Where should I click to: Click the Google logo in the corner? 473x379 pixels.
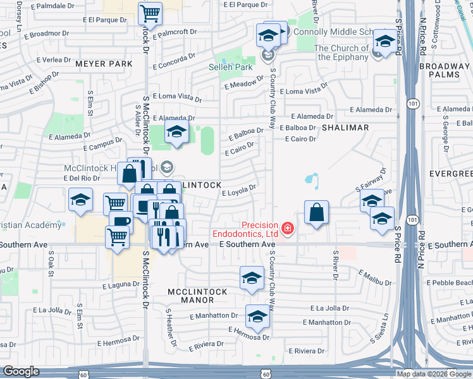pyautogui.click(x=21, y=371)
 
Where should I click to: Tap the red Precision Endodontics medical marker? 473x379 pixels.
pyautogui.click(x=288, y=227)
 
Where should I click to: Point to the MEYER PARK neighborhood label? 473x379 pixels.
pyautogui.click(x=104, y=64)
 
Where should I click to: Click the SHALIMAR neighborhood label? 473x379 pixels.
pyautogui.click(x=345, y=128)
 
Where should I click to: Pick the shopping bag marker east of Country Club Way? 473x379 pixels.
pyautogui.click(x=317, y=214)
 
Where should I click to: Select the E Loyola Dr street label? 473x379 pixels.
pyautogui.click(x=239, y=189)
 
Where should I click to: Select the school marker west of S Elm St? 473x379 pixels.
pyautogui.click(x=80, y=201)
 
